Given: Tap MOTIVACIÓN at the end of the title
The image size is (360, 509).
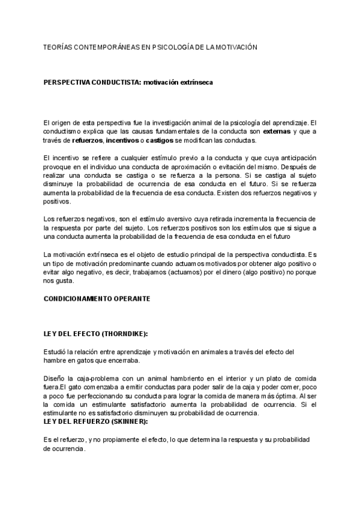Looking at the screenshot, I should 232,46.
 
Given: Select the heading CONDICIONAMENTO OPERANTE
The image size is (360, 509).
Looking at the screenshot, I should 97,298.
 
